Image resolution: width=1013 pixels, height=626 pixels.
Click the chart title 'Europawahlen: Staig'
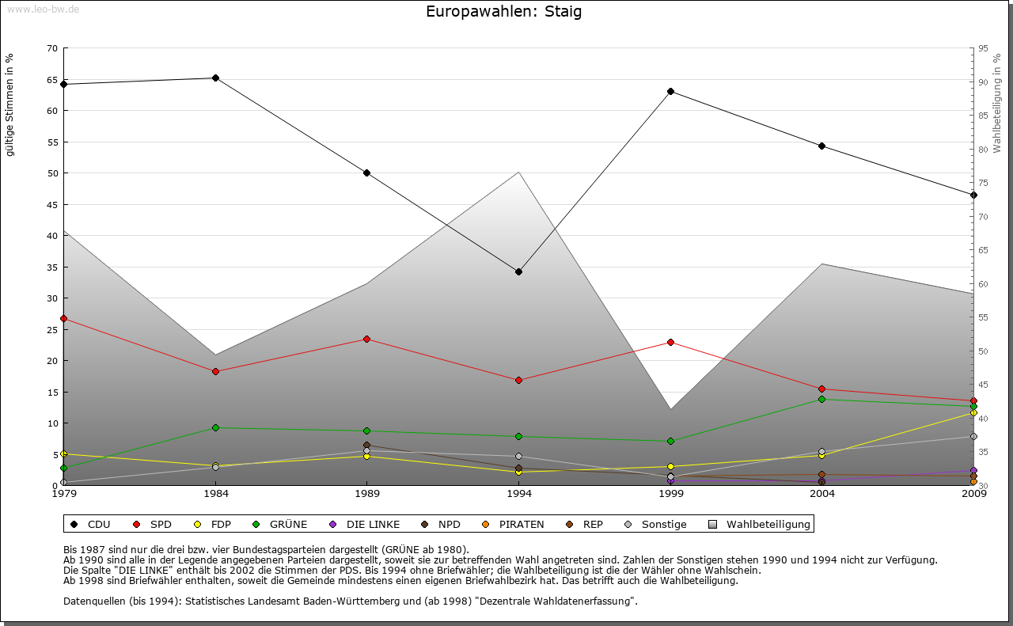click(x=504, y=12)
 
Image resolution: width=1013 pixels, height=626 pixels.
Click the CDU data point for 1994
click(x=518, y=271)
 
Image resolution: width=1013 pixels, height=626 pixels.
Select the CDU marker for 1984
click(x=215, y=78)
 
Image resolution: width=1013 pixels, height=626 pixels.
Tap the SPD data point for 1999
click(x=670, y=342)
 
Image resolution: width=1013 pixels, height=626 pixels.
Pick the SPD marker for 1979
click(x=63, y=318)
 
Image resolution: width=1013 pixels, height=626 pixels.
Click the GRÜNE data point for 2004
click(x=822, y=399)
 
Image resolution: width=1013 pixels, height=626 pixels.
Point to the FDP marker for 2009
click(x=973, y=412)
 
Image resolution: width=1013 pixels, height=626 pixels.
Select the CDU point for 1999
click(x=670, y=91)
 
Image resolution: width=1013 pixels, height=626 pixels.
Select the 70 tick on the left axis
click(x=52, y=48)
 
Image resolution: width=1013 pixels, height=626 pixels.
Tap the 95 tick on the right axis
click(x=983, y=48)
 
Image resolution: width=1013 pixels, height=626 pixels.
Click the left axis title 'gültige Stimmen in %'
click(x=10, y=104)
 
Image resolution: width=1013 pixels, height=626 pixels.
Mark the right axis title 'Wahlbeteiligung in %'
click(x=996, y=103)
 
